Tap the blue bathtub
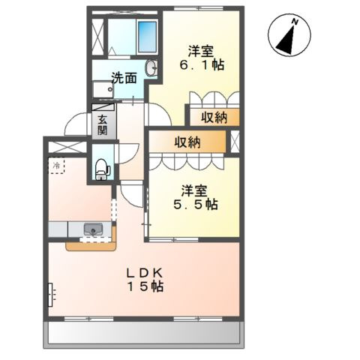pyautogui.click(x=148, y=37)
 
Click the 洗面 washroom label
pyautogui.click(x=124, y=78)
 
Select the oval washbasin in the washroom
pyautogui.click(x=151, y=67)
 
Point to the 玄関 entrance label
pyautogui.click(x=103, y=125)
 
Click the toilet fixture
pyautogui.click(x=103, y=169)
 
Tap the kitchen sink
pyautogui.click(x=93, y=229)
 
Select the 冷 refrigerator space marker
pyautogui.click(x=56, y=165)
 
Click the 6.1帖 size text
pyautogui.click(x=202, y=65)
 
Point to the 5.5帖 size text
pyautogui.click(x=196, y=205)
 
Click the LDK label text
pyautogui.click(x=145, y=273)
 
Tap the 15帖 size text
pyautogui.click(x=146, y=286)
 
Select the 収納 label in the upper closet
pyautogui.click(x=214, y=117)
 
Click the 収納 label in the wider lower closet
pyautogui.click(x=187, y=142)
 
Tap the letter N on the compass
pyautogui.click(x=295, y=22)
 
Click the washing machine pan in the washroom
pyautogui.click(x=103, y=89)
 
